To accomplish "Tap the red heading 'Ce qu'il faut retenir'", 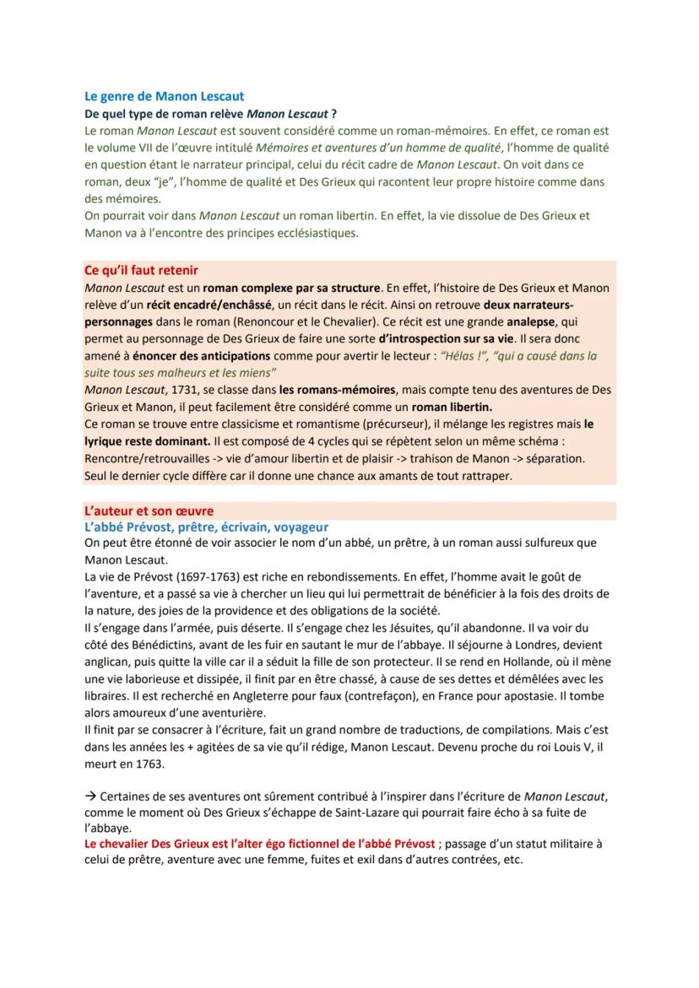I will click(142, 270).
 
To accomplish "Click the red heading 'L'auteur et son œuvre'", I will click(149, 510).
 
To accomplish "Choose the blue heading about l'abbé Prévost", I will click(206, 527).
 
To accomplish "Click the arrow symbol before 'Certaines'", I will click(90, 796).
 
